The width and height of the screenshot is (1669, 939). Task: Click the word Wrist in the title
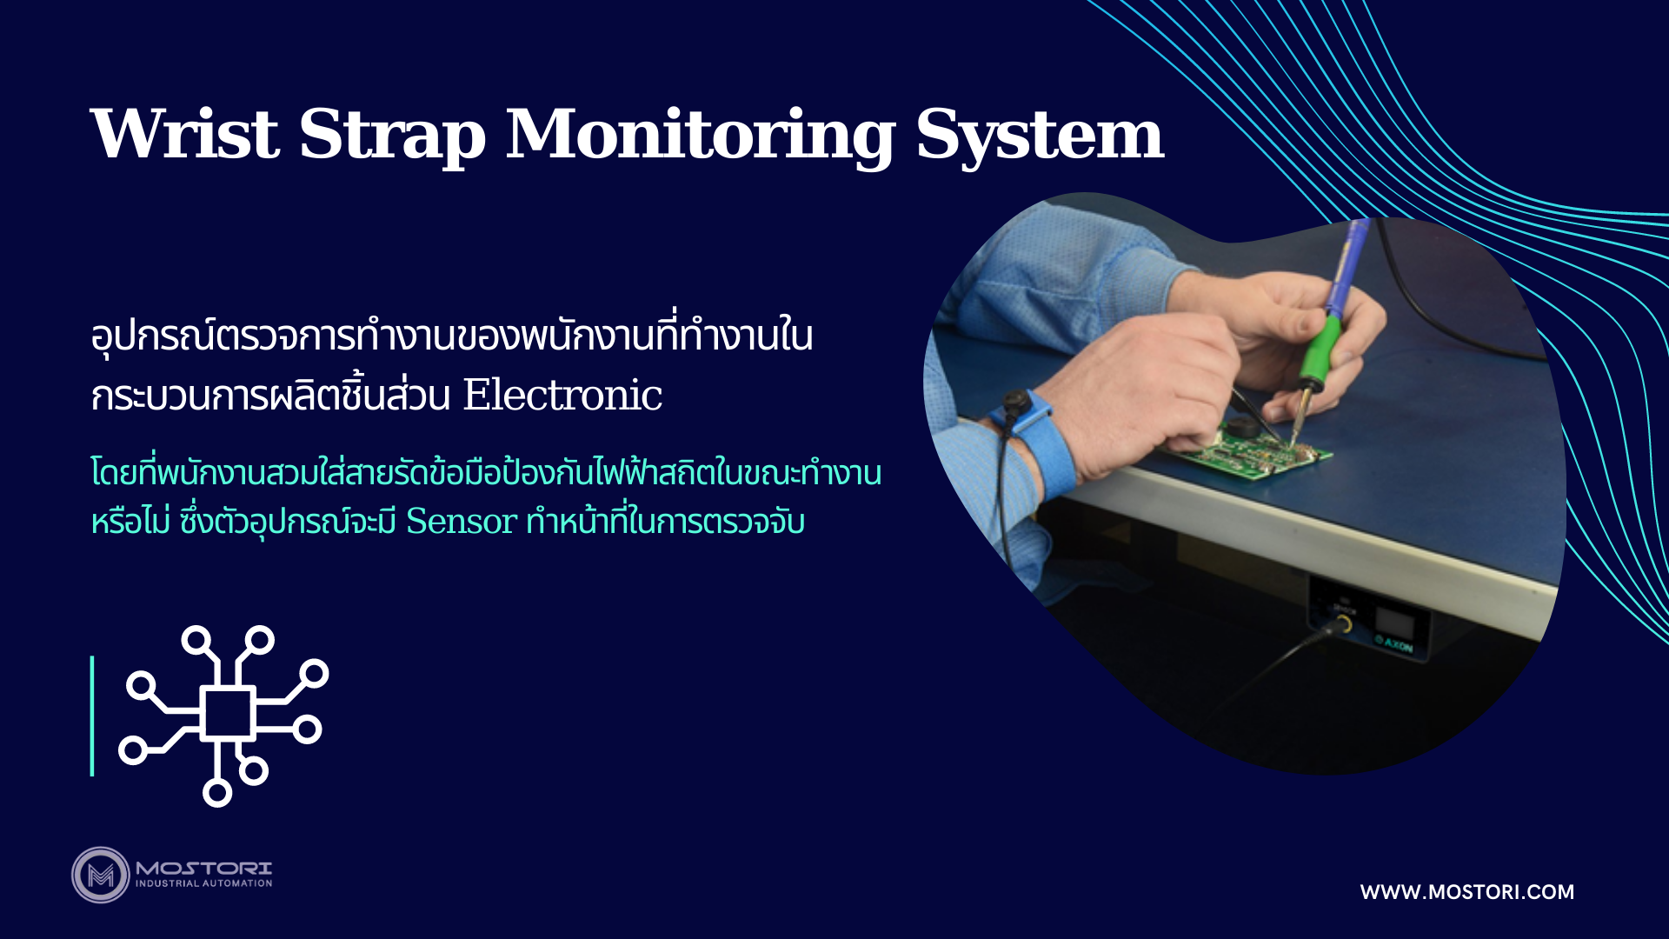[184, 134]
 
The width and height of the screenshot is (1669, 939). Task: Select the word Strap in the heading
[392, 137]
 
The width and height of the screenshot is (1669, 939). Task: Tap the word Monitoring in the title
[701, 137]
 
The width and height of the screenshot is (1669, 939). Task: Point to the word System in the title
[1040, 137]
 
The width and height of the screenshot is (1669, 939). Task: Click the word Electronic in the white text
[562, 396]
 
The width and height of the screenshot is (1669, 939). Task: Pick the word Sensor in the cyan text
[462, 522]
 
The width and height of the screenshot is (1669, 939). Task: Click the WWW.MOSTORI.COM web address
[1467, 892]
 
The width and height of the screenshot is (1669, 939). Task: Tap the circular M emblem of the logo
[101, 875]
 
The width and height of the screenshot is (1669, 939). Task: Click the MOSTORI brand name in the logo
[204, 868]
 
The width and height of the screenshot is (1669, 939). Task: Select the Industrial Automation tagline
[204, 883]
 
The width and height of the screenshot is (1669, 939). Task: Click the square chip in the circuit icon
[228, 713]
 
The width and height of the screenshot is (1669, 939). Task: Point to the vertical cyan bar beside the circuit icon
[92, 716]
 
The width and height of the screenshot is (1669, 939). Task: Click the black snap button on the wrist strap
[1014, 404]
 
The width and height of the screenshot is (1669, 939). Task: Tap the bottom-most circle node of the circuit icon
[217, 792]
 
